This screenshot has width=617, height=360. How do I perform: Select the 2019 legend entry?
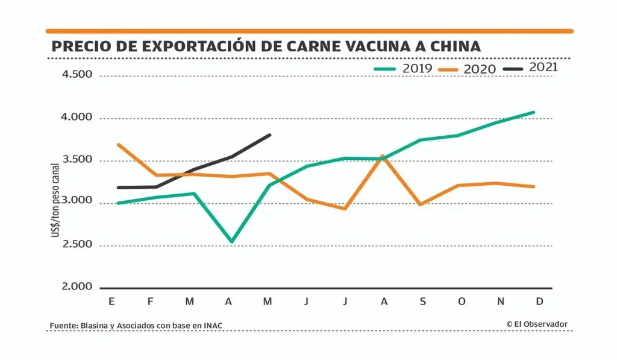click(x=402, y=68)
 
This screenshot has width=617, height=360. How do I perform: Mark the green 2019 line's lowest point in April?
click(x=231, y=242)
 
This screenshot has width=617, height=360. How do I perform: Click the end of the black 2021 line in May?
click(x=270, y=135)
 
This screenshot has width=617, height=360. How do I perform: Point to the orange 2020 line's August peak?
click(x=383, y=156)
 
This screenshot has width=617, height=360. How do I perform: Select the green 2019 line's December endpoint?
click(x=534, y=112)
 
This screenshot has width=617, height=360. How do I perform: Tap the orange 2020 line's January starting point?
click(x=118, y=145)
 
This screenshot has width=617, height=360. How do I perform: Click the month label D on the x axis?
click(x=539, y=302)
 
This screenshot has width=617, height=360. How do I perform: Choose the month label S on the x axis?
click(x=422, y=302)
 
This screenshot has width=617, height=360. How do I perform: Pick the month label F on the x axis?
click(x=151, y=302)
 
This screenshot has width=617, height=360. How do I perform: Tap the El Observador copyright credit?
click(x=537, y=324)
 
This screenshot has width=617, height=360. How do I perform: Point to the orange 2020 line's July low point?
click(x=345, y=209)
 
